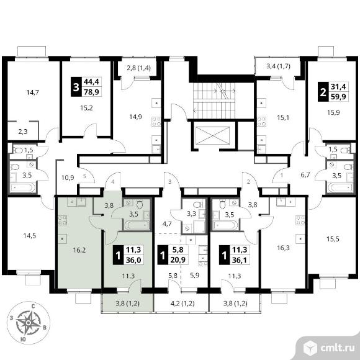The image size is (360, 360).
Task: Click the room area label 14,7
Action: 33,92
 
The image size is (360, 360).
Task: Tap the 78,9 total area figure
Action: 91,92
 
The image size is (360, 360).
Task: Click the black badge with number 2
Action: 323,92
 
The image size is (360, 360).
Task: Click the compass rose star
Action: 28,323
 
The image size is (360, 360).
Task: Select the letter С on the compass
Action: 33,306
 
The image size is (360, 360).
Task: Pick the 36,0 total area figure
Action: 133,260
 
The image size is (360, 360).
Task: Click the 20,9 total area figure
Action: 178,260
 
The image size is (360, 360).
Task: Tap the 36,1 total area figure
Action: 240,260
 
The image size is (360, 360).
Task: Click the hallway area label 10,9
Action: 68,178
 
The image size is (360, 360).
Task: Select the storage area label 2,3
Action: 23,132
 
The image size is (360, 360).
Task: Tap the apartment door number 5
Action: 84,176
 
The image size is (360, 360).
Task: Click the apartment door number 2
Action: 248,182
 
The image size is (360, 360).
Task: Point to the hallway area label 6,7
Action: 305,175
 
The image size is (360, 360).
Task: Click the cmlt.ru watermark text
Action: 338,348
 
